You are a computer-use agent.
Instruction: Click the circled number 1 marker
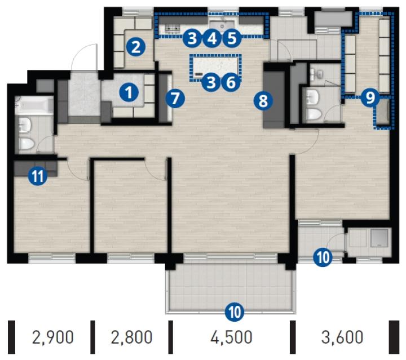point(129,92)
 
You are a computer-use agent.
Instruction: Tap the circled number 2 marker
point(136,47)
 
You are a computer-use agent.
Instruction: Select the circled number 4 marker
point(212,38)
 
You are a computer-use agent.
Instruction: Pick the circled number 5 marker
point(232,38)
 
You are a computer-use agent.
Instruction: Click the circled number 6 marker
point(231,82)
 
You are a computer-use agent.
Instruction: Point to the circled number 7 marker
point(175,99)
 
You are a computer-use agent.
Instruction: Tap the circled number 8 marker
point(263,101)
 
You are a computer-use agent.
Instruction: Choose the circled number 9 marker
point(371,97)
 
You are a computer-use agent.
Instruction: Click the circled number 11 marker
point(38,176)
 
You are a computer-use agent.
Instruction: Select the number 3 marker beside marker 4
point(192,38)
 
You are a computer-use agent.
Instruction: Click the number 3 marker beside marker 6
point(211,82)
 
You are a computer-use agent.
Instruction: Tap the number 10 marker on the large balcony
point(235,312)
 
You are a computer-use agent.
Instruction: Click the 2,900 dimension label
point(53,337)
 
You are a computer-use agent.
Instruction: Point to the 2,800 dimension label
point(131,337)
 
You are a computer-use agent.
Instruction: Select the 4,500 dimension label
point(231,337)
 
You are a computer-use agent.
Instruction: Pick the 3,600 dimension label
point(342,337)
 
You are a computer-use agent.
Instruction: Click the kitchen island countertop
point(215,66)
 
